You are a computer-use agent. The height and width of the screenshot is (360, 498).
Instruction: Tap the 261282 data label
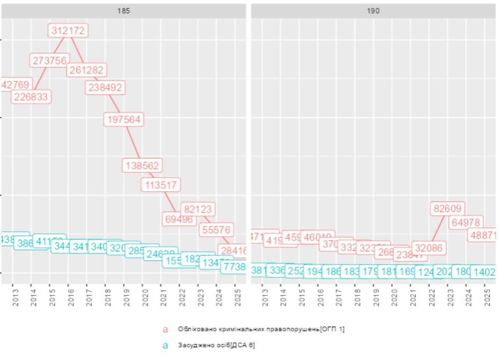click(87, 69)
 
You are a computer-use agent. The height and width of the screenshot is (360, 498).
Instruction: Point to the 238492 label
click(105, 87)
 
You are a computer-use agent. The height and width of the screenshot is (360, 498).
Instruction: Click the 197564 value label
click(124, 119)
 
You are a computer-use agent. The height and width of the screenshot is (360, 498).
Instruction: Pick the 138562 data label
click(143, 165)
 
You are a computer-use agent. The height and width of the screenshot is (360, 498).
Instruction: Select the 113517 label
click(161, 185)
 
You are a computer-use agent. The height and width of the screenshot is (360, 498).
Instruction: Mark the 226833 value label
click(31, 96)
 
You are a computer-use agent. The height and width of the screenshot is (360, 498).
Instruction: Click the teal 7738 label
click(233, 267)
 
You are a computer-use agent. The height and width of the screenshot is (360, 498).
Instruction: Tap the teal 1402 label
click(484, 272)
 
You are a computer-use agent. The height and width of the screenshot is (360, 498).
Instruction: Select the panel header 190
click(374, 11)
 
